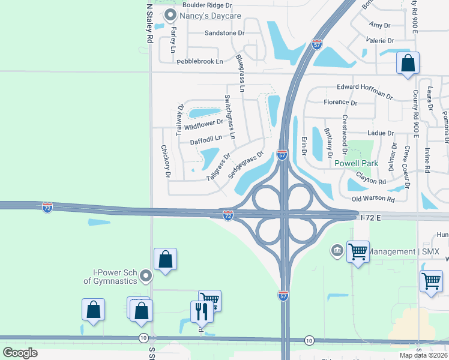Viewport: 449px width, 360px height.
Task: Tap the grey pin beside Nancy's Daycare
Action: coord(170,14)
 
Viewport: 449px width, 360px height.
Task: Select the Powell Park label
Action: coord(356,163)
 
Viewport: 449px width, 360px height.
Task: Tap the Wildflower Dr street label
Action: coord(204,125)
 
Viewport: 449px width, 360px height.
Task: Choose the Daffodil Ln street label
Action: coord(206,139)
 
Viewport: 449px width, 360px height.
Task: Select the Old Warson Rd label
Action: coord(373,199)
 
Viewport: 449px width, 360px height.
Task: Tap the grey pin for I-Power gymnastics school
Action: coord(145,276)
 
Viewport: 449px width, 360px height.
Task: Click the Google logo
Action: coord(20,353)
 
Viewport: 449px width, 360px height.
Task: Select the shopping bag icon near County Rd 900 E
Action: coord(408,62)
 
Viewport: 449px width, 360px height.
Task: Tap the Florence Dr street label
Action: coord(340,103)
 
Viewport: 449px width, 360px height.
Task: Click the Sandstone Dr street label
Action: coord(224,33)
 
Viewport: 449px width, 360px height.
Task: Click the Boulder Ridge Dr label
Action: coord(206,5)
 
